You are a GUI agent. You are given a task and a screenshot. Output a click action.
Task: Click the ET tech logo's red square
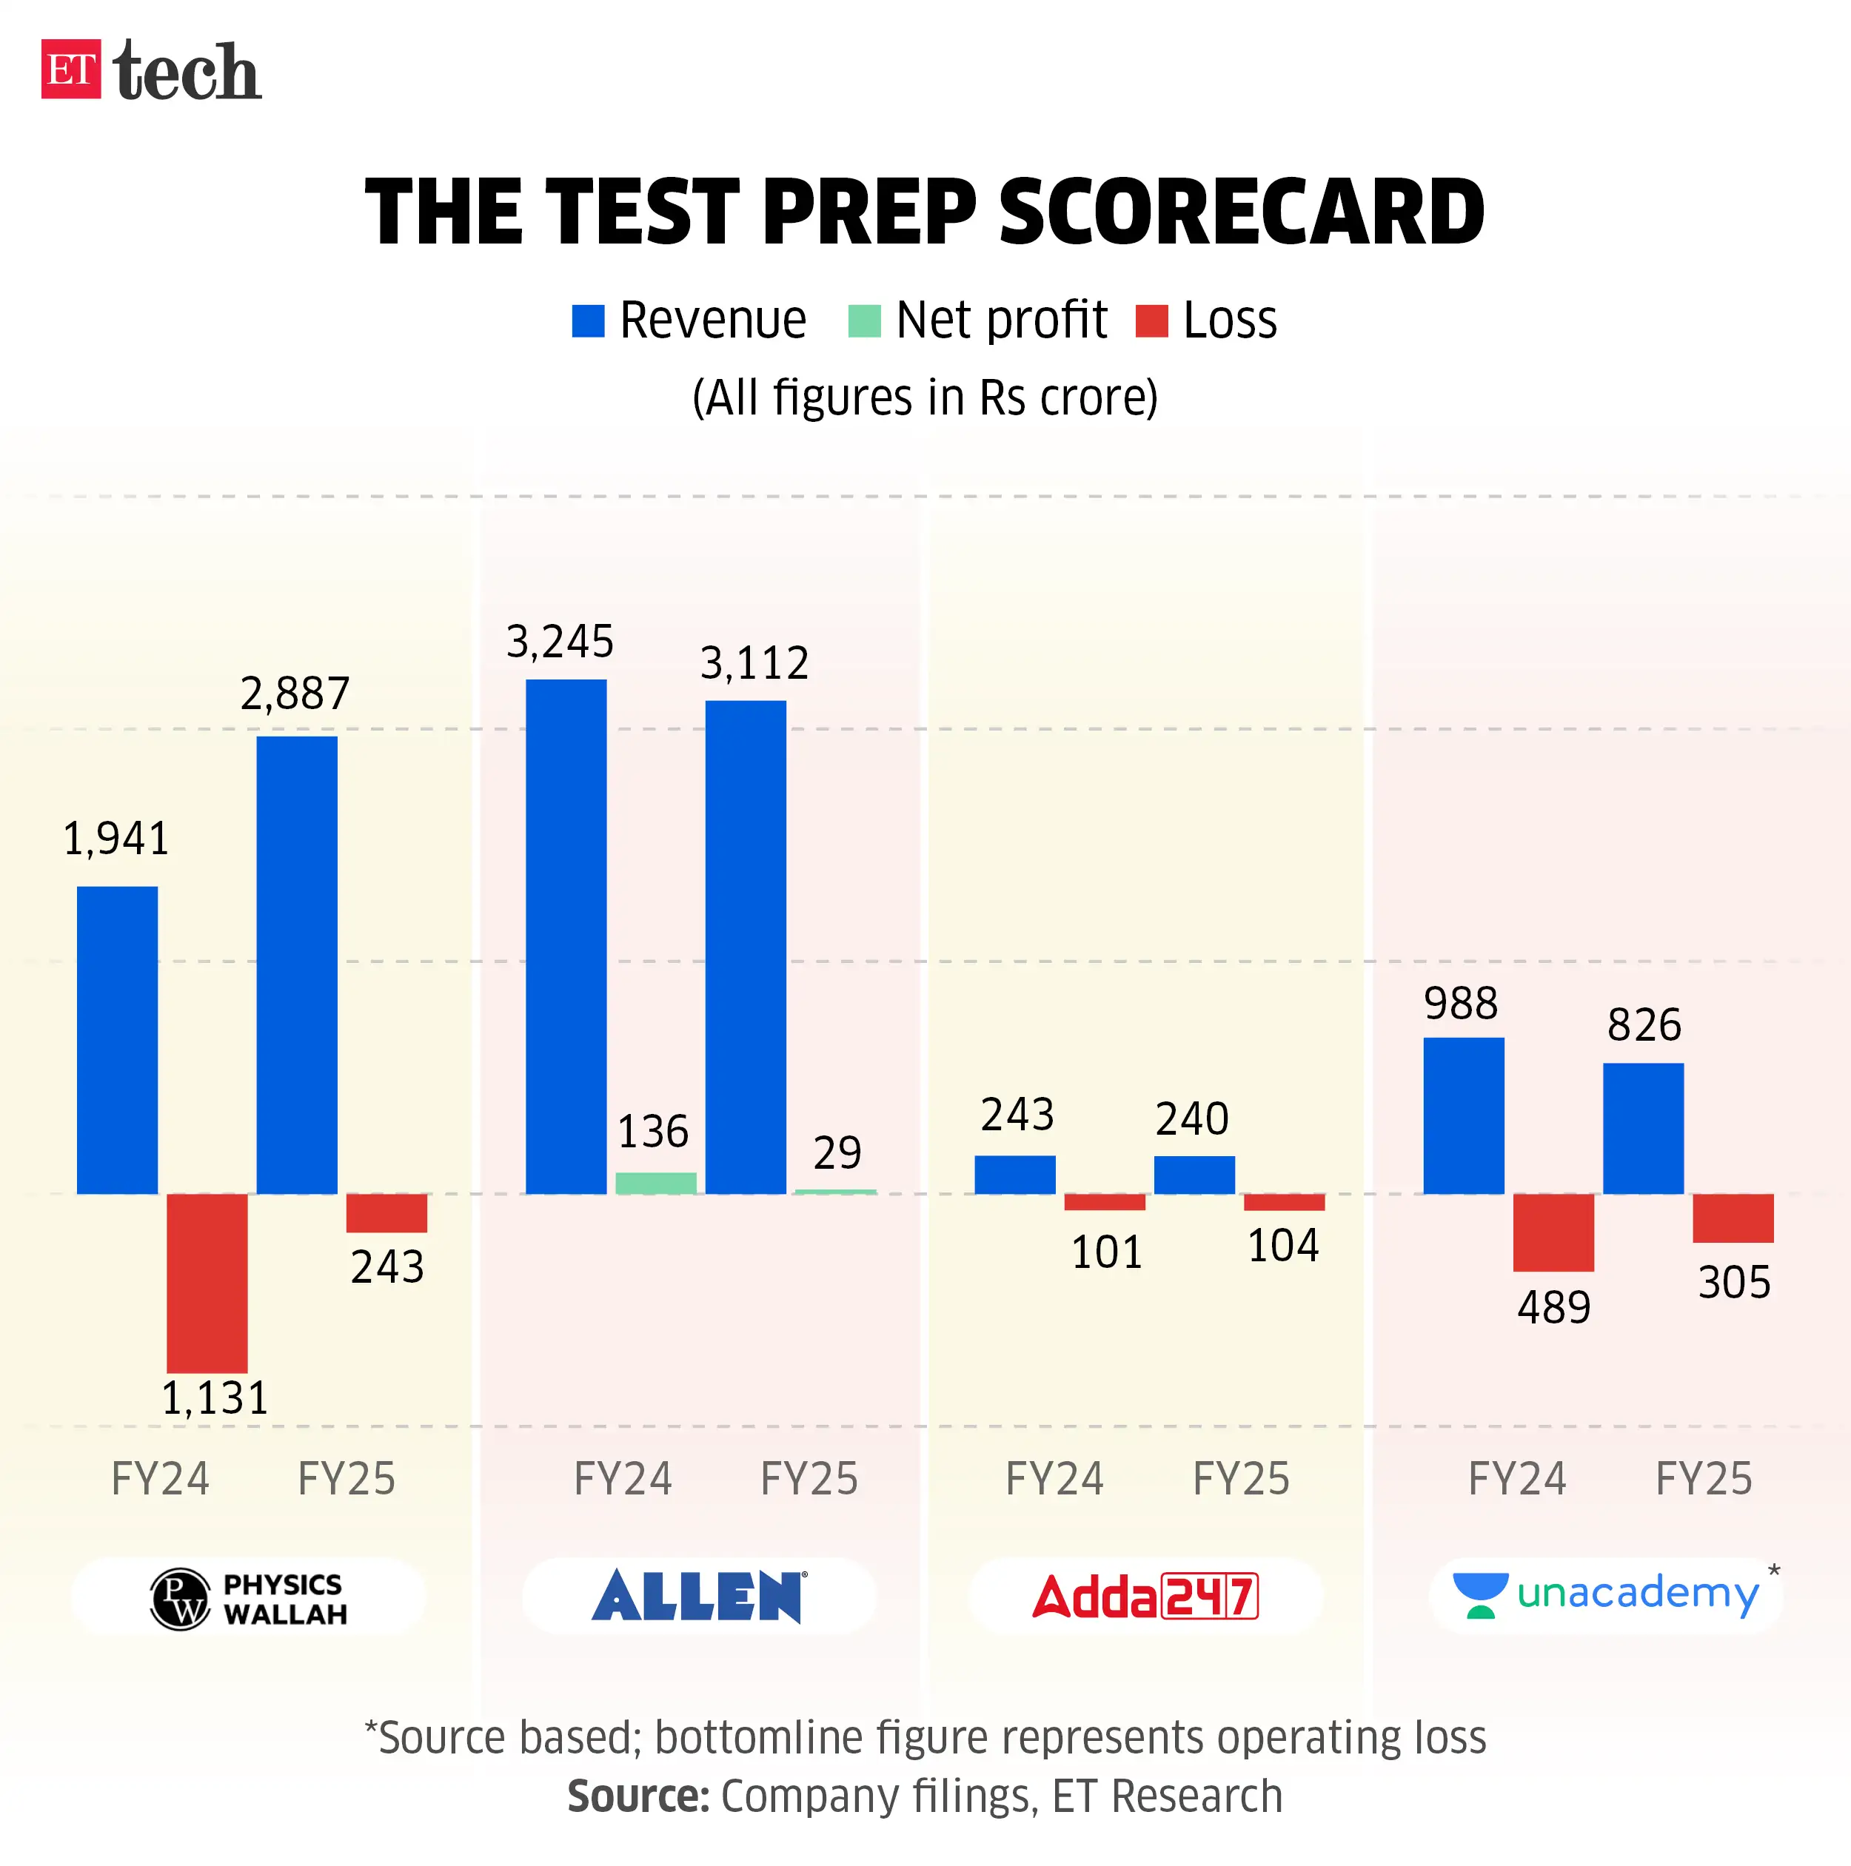pos(70,69)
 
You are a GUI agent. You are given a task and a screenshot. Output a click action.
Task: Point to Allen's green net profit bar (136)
pos(655,1182)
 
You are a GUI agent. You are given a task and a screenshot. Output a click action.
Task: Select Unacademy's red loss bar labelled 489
pos(1553,1232)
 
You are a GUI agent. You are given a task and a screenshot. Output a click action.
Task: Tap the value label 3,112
pos(754,663)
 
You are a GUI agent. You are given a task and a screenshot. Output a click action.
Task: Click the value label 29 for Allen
pos(836,1152)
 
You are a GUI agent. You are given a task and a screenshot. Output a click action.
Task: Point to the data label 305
pos(1733,1283)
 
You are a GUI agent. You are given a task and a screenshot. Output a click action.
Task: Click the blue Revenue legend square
pos(587,320)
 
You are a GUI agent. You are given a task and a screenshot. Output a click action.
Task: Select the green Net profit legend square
pos(863,320)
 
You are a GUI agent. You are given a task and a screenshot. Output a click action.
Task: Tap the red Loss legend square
pos(1151,320)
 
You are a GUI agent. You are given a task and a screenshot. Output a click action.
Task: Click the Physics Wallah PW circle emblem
pos(180,1600)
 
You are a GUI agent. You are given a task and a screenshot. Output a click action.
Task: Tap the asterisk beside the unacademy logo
pos(1774,1571)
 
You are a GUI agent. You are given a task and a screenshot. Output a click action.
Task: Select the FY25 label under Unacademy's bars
pos(1703,1479)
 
